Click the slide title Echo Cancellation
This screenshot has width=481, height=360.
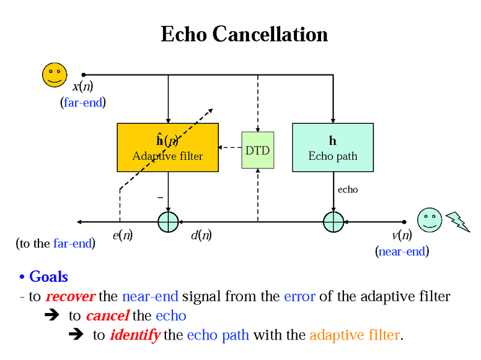[244, 34]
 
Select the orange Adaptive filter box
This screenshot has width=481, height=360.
[167, 147]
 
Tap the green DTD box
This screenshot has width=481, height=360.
[257, 149]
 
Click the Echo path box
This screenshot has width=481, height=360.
[332, 147]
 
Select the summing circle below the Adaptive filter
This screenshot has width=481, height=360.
[168, 221]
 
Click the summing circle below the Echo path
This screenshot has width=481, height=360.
[332, 221]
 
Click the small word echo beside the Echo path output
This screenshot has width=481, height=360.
[348, 189]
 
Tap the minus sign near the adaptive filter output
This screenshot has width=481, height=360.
[159, 197]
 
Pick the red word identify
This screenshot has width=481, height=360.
[135, 335]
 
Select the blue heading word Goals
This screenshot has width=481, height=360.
[48, 276]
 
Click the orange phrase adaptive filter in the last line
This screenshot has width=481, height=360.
[354, 335]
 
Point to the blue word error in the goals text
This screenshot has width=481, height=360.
[299, 296]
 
